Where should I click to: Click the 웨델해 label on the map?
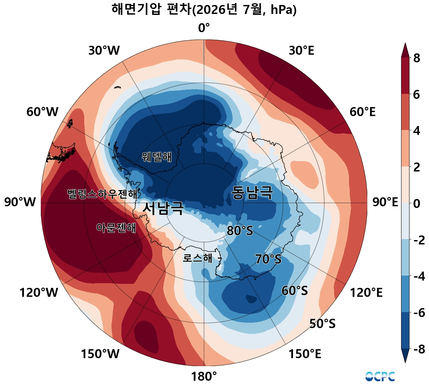pyautogui.click(x=157, y=157)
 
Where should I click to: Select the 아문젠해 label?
pyautogui.click(x=116, y=228)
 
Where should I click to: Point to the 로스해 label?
pyautogui.click(x=198, y=258)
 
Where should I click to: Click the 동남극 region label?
pyautogui.click(x=252, y=193)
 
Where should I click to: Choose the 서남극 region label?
pyautogui.click(x=163, y=208)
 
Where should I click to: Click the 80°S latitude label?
pyautogui.click(x=240, y=231)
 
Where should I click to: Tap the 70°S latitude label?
pyautogui.click(x=268, y=259)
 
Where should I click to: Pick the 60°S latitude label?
pyautogui.click(x=295, y=291)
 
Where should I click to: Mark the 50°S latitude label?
pyautogui.click(x=322, y=324)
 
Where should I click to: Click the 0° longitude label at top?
pyautogui.click(x=204, y=28)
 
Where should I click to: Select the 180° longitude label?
pyautogui.click(x=204, y=377)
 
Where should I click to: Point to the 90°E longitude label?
pyautogui.click(x=385, y=202)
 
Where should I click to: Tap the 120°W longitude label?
pyautogui.click(x=39, y=292)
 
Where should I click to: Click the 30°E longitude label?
pyautogui.click(x=301, y=51)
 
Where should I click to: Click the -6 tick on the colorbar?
pyautogui.click(x=419, y=313)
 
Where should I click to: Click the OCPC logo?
pyautogui.click(x=380, y=376)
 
